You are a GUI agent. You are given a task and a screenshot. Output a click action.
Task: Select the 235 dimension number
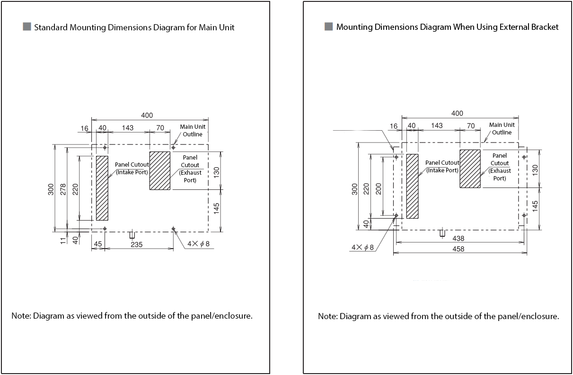[137, 244]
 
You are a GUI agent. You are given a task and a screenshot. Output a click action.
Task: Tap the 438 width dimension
[458, 239]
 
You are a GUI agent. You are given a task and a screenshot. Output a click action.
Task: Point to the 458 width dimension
[458, 249]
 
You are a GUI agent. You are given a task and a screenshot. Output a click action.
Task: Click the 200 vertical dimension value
[378, 188]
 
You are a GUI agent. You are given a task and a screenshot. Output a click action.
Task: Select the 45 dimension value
[98, 244]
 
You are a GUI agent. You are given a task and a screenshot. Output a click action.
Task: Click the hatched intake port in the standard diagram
[102, 188]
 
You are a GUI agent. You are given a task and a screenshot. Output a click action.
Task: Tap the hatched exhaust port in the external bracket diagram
[470, 169]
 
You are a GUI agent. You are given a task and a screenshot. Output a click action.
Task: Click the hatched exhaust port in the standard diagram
[159, 170]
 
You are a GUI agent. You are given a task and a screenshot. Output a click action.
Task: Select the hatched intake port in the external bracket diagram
[412, 186]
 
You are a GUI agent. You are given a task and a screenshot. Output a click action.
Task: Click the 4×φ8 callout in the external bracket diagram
[362, 247]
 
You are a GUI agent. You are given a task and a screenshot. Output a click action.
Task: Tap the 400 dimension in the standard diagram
[147, 115]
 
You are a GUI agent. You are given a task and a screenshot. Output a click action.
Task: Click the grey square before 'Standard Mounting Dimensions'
[27, 27]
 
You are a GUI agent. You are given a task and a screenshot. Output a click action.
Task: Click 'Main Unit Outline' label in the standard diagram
[193, 131]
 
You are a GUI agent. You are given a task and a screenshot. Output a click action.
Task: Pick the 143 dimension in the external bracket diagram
[437, 125]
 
